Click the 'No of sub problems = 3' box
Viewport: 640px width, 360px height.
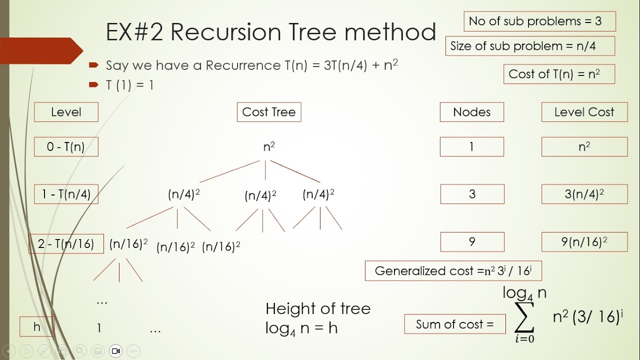539,21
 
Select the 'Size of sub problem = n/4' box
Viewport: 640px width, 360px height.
530,46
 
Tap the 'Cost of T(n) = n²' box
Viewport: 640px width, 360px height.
559,74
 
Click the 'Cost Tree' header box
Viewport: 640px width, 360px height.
269,112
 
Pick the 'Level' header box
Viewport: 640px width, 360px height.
66,112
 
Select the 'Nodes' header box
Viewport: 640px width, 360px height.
471,112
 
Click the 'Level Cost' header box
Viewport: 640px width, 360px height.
584,112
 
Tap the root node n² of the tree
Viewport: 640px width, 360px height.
269,146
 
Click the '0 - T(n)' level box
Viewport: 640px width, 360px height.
66,146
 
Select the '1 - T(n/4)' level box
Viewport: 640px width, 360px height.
66,194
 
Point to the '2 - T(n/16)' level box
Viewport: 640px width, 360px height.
66,243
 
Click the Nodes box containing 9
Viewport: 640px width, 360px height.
472,242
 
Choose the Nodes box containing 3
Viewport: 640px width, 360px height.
472,194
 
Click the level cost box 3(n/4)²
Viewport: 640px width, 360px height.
584,194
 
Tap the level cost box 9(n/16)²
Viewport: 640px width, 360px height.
584,242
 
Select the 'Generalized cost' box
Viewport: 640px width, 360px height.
453,271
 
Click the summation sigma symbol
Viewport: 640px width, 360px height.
524,318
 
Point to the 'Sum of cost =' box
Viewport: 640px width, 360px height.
454,324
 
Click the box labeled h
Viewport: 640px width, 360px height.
37,326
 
